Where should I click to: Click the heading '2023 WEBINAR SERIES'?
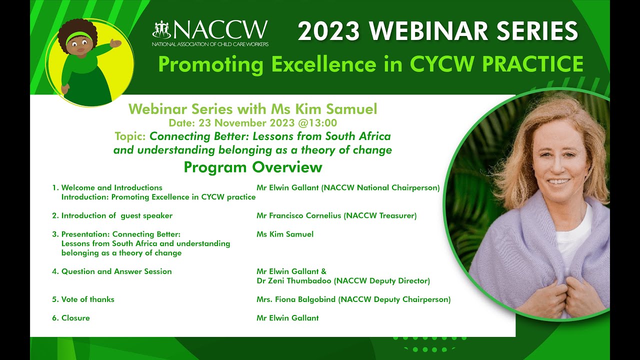click(x=437, y=31)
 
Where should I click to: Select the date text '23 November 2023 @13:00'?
click(x=267, y=123)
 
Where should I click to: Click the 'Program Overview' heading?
click(x=252, y=167)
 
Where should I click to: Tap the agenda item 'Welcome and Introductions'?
click(x=111, y=188)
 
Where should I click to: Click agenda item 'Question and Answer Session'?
click(x=116, y=271)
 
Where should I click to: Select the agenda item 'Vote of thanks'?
click(x=87, y=299)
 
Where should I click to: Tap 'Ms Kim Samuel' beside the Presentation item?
click(x=284, y=234)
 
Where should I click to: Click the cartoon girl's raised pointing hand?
click(x=116, y=44)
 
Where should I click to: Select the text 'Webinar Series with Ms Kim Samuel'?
click(x=252, y=109)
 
